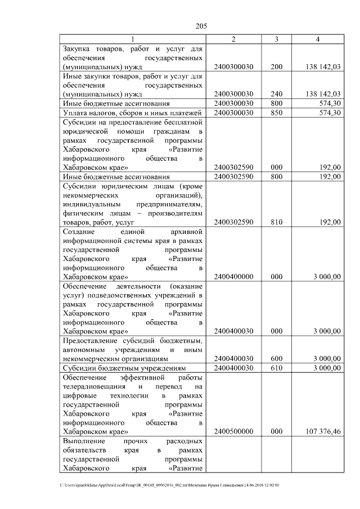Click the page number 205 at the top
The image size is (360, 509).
click(x=201, y=25)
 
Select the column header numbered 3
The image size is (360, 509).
click(x=276, y=39)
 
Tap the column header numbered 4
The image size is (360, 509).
click(x=318, y=39)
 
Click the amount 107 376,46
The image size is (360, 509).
click(x=322, y=431)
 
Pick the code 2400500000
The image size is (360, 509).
click(x=234, y=431)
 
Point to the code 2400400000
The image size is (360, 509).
click(x=234, y=277)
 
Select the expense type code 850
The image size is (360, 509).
click(x=276, y=113)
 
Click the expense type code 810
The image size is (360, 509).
click(x=276, y=222)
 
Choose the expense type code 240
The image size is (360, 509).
click(x=276, y=94)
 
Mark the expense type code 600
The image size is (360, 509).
click(x=276, y=358)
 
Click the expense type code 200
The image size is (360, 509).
click(x=276, y=67)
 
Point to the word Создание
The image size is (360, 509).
click(x=79, y=231)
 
